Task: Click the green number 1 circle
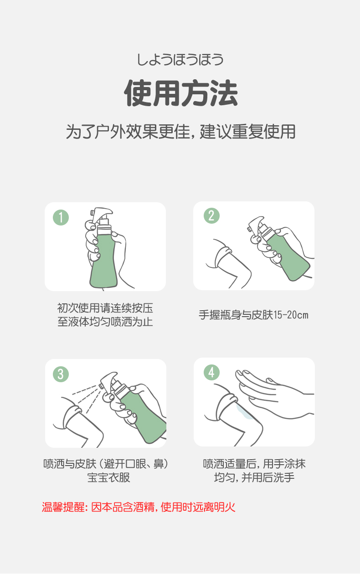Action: pos(61,218)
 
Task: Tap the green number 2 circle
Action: pos(211,215)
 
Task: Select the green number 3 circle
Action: pos(61,374)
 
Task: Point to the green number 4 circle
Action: pos(211,372)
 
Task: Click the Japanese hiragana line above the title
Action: pos(180,59)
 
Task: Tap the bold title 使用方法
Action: pos(181,93)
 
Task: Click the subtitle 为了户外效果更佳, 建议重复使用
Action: pos(180,132)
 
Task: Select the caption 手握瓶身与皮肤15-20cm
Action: pos(253,315)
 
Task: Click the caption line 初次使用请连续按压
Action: pos(105,308)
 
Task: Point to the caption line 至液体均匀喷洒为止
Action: pos(105,322)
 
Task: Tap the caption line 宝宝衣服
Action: pos(109,477)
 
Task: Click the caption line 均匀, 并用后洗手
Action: pos(254,477)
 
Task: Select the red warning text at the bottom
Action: pos(139,507)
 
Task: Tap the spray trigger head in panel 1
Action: pos(102,214)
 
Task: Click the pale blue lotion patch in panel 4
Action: pos(245,411)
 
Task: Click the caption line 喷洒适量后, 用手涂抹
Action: pos(254,464)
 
